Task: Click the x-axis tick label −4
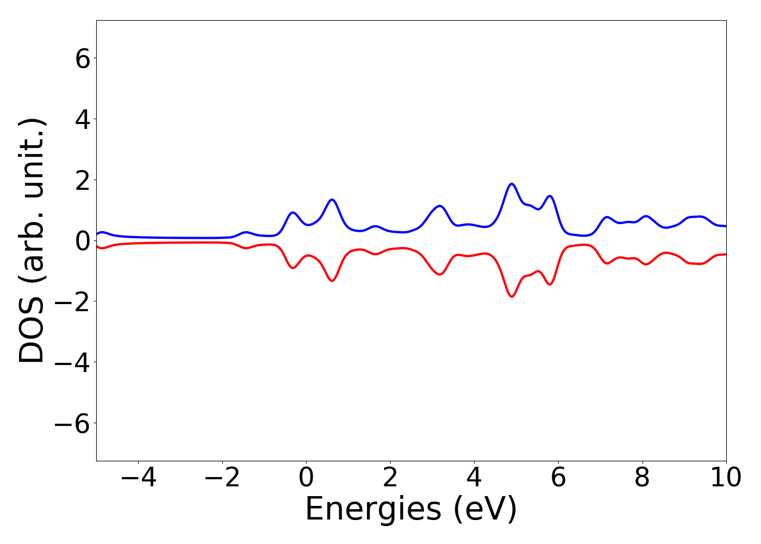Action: point(138,478)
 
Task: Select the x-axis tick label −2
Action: point(222,478)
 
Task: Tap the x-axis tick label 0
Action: point(306,478)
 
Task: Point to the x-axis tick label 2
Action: point(390,478)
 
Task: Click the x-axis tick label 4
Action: point(474,478)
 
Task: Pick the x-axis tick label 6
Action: point(558,478)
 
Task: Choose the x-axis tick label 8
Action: point(642,478)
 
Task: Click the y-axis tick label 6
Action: point(83,58)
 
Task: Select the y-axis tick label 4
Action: point(83,119)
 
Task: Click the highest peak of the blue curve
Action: point(512,184)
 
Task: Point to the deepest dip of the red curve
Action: point(512,296)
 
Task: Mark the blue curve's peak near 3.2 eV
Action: point(440,206)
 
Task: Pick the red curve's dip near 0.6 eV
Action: point(332,281)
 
